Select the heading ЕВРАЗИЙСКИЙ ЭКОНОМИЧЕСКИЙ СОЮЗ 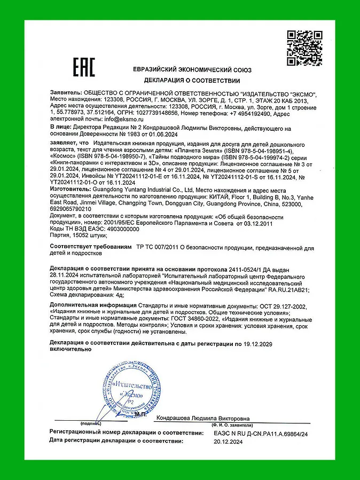click(x=193, y=70)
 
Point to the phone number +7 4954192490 click(x=244, y=113)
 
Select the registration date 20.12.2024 click(x=228, y=442)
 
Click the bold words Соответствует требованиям click(x=90, y=248)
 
